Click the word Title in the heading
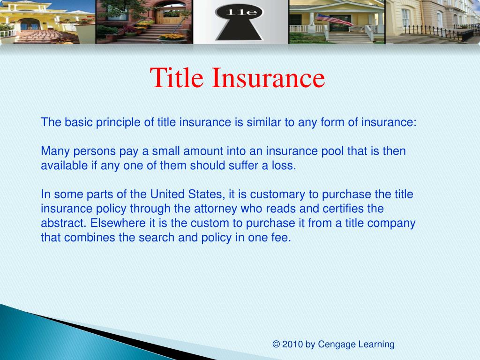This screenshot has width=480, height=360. pyautogui.click(x=178, y=78)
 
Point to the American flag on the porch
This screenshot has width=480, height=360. pyautogui.click(x=334, y=20)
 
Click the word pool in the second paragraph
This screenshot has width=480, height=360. pyautogui.click(x=332, y=151)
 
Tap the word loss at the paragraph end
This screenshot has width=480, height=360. pyautogui.click(x=285, y=166)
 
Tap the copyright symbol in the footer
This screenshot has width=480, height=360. pyautogui.click(x=276, y=345)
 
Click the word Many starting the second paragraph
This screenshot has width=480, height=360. pyautogui.click(x=54, y=151)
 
